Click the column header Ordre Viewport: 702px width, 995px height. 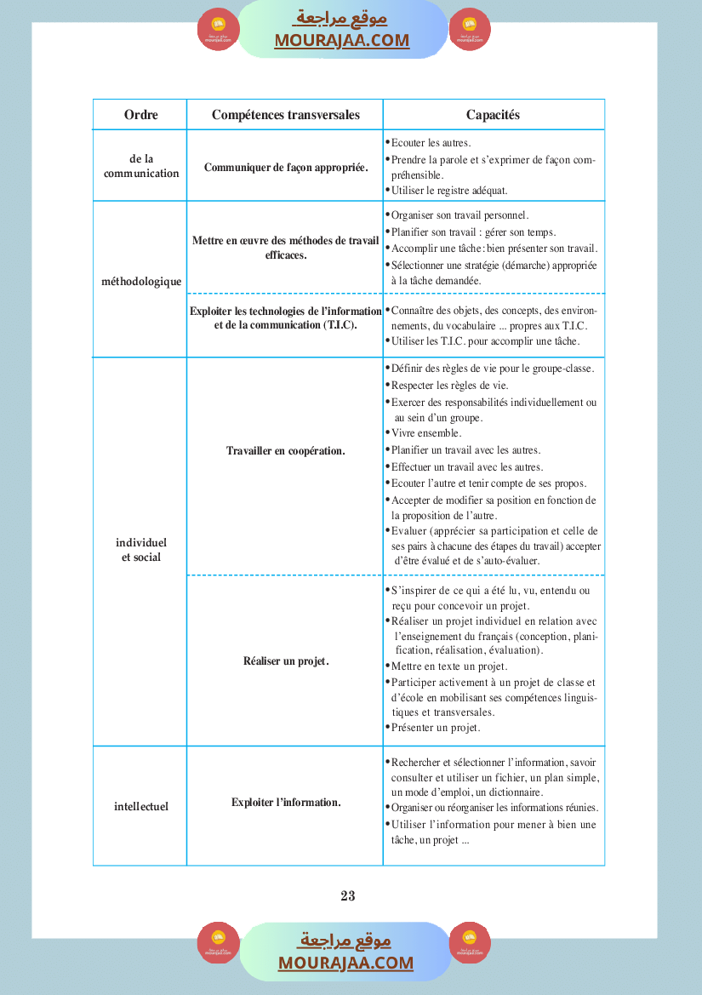click(x=140, y=115)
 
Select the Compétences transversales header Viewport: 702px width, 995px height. click(x=285, y=115)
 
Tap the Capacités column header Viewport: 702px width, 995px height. click(x=493, y=115)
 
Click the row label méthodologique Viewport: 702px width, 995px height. click(x=141, y=282)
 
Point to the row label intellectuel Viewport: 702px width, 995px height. click(x=141, y=806)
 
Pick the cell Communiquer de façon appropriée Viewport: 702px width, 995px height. click(x=285, y=167)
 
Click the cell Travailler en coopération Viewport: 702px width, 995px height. click(x=285, y=451)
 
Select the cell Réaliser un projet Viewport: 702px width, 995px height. click(x=285, y=661)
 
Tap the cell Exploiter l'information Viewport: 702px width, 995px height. click(x=285, y=802)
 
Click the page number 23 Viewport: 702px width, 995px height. click(x=347, y=895)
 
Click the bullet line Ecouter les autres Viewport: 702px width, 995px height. click(x=431, y=143)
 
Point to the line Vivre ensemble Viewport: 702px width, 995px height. click(x=426, y=433)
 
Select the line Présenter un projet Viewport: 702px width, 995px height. click(x=436, y=728)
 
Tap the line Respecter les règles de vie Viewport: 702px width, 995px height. click(x=449, y=386)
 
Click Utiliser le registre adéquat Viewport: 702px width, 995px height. click(x=461, y=191)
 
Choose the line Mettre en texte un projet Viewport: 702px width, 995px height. click(x=449, y=666)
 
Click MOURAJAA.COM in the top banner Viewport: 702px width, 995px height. click(x=341, y=40)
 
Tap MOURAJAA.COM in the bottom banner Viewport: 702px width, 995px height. click(x=345, y=963)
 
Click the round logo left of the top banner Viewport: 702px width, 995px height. click(x=219, y=30)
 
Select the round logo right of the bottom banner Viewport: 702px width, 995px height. click(x=470, y=943)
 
